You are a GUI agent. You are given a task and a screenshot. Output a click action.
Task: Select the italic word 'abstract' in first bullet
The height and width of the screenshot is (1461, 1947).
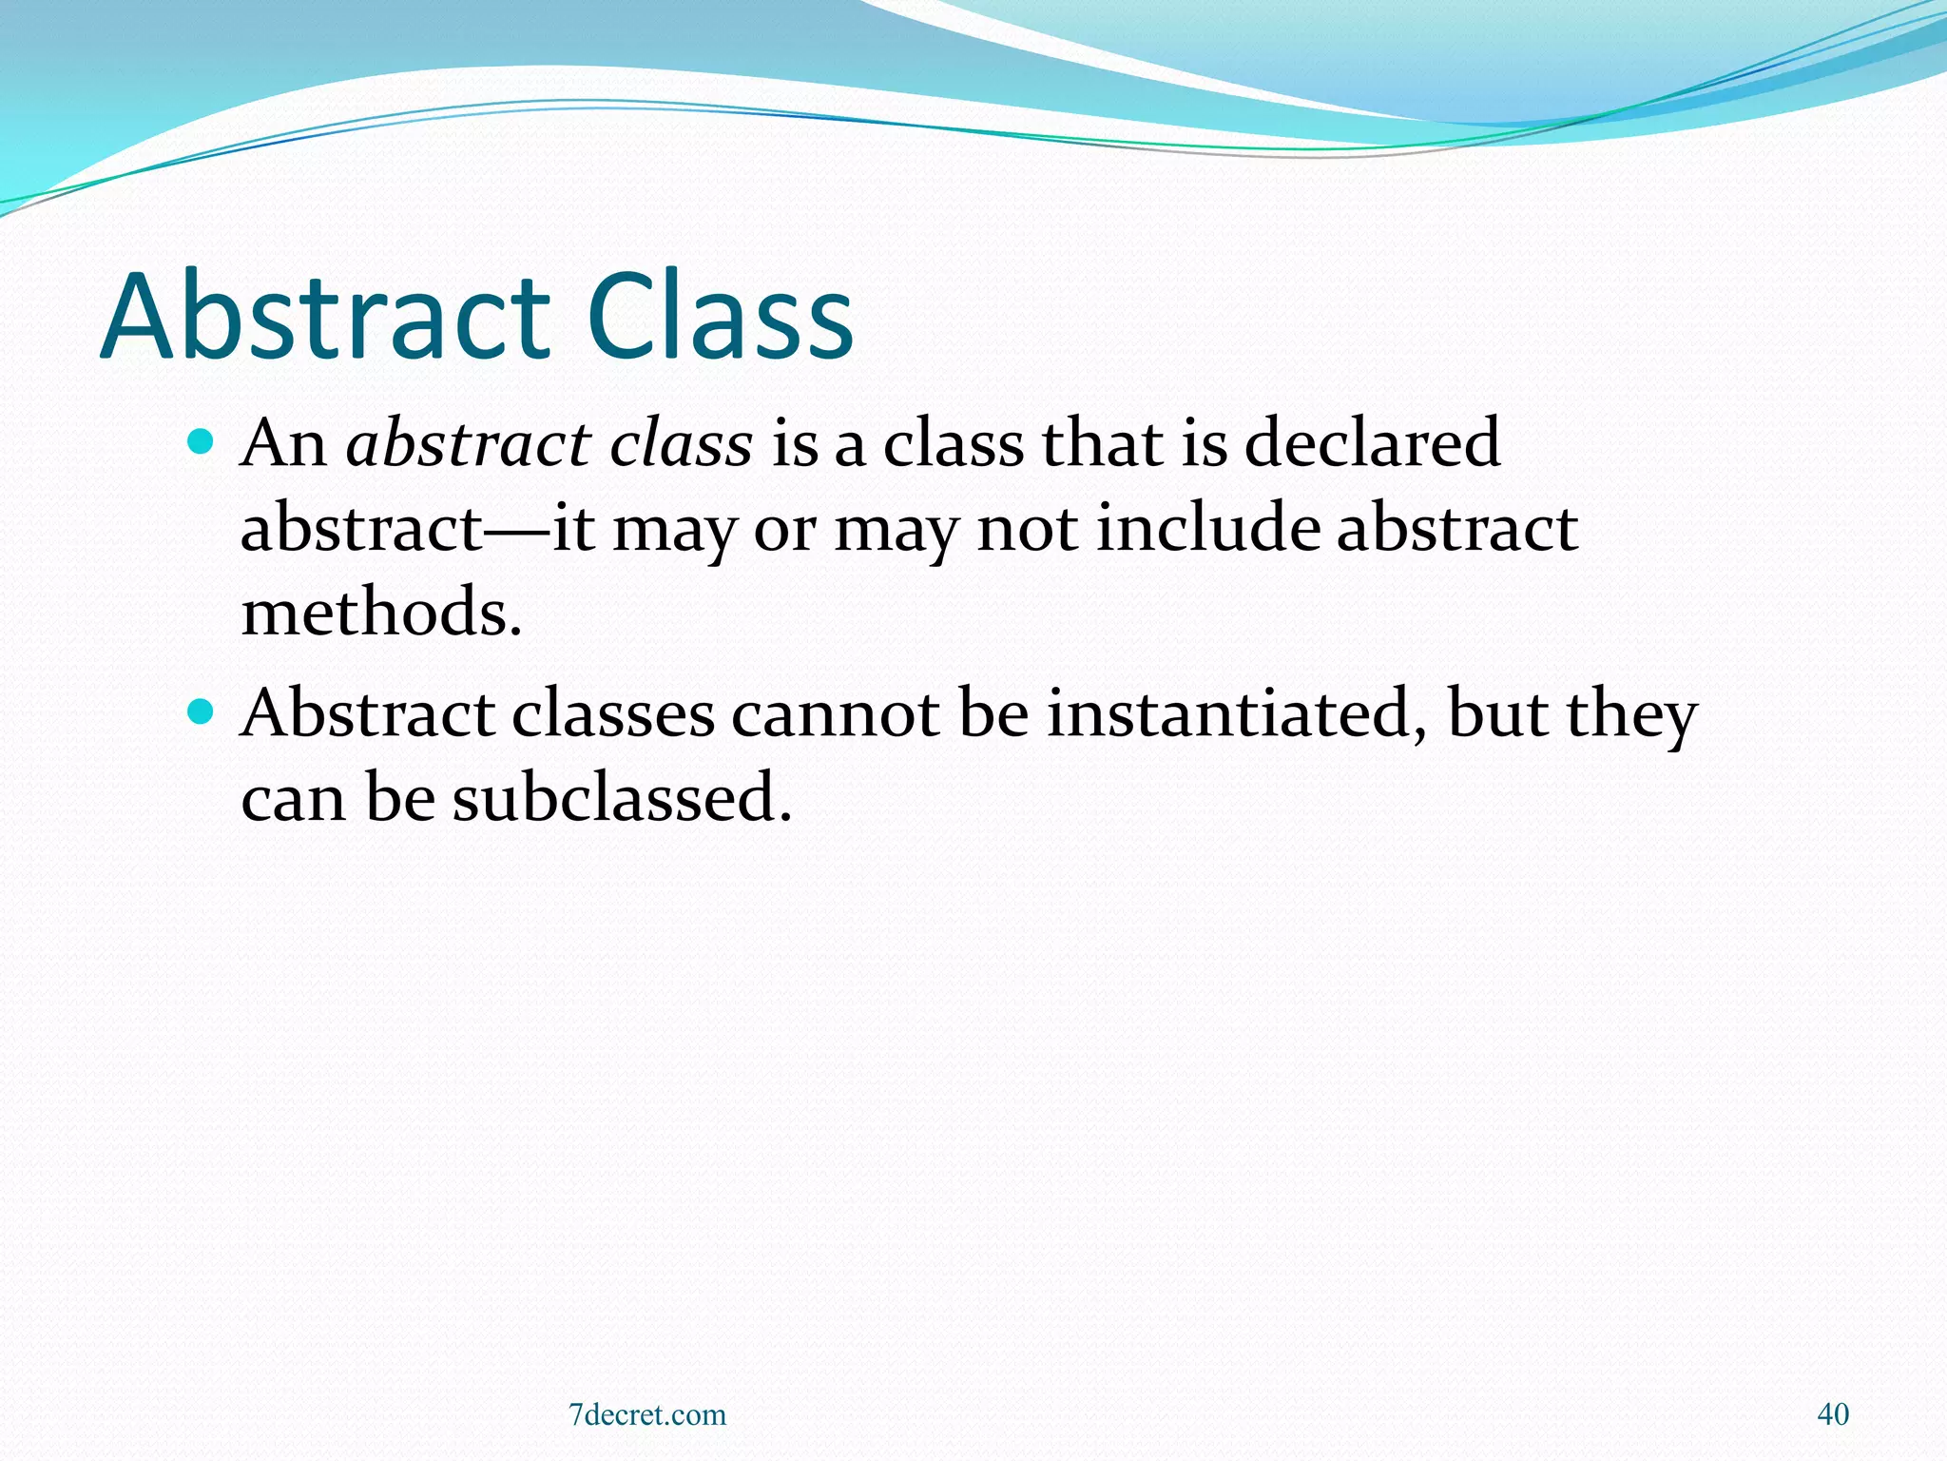(469, 443)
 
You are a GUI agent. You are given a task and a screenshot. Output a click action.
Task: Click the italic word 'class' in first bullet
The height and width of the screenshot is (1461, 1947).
(681, 443)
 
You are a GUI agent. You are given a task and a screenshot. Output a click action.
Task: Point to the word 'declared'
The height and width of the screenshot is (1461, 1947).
(1372, 443)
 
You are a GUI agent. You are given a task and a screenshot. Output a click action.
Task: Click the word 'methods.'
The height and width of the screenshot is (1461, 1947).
(381, 612)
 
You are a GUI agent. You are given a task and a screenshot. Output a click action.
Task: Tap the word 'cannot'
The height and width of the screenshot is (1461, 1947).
(835, 713)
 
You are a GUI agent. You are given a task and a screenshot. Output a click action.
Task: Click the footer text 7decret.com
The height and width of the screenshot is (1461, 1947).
(646, 1414)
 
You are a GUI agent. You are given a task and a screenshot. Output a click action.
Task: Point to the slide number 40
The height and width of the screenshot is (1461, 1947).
(1832, 1414)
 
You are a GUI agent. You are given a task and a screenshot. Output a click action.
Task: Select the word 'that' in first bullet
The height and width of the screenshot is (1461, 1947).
(1102, 443)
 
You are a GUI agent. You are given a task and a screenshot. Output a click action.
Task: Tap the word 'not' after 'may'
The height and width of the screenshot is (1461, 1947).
(1027, 528)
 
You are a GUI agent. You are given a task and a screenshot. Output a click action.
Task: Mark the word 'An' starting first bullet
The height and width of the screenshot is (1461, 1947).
(282, 443)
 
